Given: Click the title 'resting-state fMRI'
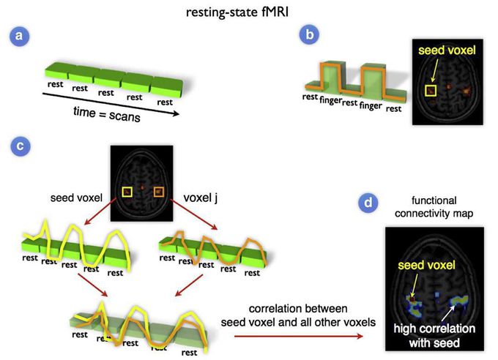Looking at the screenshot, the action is click(x=237, y=12).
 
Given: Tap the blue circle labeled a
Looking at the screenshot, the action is click(x=19, y=36).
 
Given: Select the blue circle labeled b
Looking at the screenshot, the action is click(x=309, y=34).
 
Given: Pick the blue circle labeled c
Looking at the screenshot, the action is click(x=21, y=146).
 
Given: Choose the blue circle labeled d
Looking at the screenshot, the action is click(x=368, y=202).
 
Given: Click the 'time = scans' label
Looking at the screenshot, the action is click(x=107, y=114).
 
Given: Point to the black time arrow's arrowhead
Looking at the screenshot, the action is click(x=176, y=113).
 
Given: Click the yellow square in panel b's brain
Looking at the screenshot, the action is click(x=431, y=91).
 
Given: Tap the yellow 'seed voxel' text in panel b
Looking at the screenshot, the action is click(x=447, y=50).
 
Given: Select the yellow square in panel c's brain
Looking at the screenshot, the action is click(x=127, y=192).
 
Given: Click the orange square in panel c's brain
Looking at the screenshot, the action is click(x=159, y=192).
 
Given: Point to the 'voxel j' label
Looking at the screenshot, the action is click(x=201, y=198).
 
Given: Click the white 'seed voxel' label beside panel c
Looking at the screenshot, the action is click(x=76, y=198).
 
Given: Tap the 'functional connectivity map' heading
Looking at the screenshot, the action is click(x=434, y=206).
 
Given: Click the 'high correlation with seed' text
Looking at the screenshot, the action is click(x=434, y=336).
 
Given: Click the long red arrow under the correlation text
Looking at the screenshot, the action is click(x=299, y=336).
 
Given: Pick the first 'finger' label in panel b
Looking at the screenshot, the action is click(x=330, y=100).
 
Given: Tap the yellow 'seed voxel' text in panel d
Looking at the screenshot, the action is click(x=426, y=265).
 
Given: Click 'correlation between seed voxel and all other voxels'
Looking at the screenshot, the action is click(x=298, y=315).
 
